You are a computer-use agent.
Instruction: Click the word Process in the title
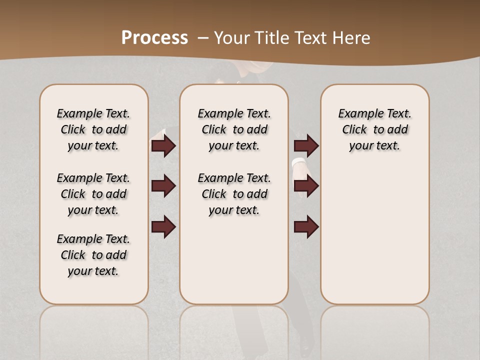[x=154, y=37]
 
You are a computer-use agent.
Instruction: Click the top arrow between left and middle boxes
[x=163, y=145]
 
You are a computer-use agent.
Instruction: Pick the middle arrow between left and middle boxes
[x=163, y=186]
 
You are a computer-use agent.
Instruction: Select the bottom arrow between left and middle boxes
[x=163, y=226]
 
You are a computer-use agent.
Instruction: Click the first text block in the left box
[x=93, y=129]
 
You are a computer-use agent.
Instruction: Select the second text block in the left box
[x=93, y=194]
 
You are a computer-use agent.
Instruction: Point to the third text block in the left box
[x=93, y=255]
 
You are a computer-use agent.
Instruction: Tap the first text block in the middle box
[x=234, y=129]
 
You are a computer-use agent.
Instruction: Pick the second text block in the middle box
[x=234, y=194]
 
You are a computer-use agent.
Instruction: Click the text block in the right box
[x=375, y=129]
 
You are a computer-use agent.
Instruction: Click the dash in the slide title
[x=203, y=37]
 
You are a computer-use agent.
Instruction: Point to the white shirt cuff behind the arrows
[x=298, y=162]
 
